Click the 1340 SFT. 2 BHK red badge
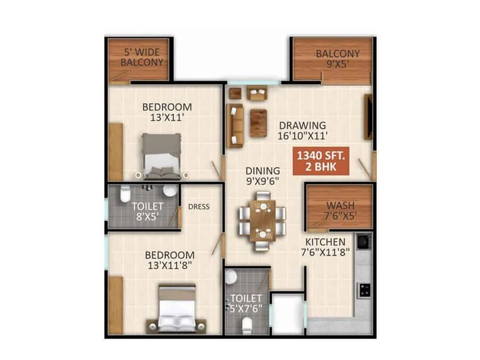coord(322,161)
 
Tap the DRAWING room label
coord(302,125)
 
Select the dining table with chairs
coord(262,220)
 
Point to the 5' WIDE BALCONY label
coord(142,57)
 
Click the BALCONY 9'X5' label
coord(338,58)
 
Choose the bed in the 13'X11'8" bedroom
coord(177,308)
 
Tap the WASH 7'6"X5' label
coord(340,211)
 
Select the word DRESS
coord(199,207)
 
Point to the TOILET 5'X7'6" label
coord(246,304)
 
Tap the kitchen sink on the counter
coord(363,241)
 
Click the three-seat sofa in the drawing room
coord(234,125)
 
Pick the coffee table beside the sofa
coord(258,123)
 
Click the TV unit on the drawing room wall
coord(367,116)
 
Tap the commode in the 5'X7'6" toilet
coord(246,325)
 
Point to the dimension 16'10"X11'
coord(302,136)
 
